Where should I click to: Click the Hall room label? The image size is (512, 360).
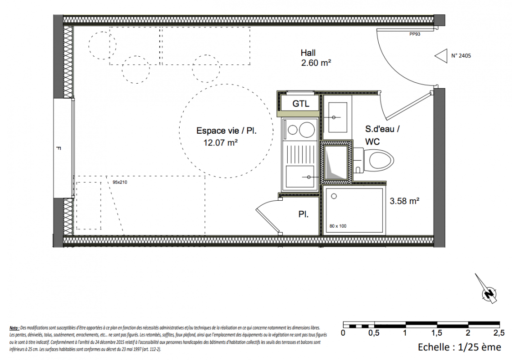(x=308, y=53)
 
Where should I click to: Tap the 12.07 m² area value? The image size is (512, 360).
(x=220, y=143)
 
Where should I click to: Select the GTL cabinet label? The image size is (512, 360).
(x=300, y=104)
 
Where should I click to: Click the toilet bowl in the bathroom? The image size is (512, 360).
(x=378, y=160)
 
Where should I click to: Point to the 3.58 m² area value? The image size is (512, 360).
(x=404, y=201)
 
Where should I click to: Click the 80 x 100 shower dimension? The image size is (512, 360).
(x=338, y=226)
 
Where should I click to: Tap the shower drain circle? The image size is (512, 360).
(x=334, y=197)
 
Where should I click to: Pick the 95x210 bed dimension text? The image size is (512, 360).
(x=120, y=182)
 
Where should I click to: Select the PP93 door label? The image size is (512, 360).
(x=415, y=34)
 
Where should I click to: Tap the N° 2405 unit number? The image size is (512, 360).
(x=461, y=56)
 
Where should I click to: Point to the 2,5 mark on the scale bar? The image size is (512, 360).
(x=498, y=333)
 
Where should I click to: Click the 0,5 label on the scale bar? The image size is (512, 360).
(x=374, y=333)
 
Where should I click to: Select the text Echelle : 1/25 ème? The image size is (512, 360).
(x=459, y=347)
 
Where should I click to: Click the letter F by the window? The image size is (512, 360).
(x=58, y=148)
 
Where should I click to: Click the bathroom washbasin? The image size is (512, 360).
(x=338, y=117)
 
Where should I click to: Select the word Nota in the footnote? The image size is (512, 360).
(x=14, y=328)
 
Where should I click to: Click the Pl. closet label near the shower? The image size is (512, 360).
(x=304, y=215)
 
